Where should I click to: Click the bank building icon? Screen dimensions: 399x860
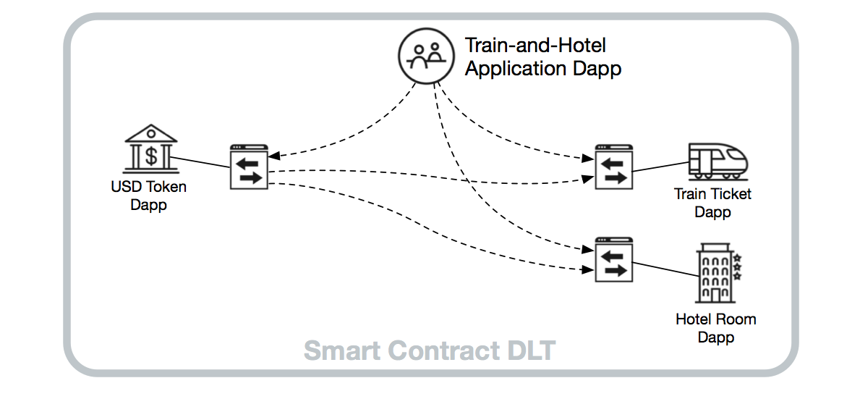(x=150, y=148)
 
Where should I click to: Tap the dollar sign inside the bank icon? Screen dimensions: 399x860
(x=150, y=154)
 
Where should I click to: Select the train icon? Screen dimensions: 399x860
(x=718, y=161)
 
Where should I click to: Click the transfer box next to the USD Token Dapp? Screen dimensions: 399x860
(x=249, y=167)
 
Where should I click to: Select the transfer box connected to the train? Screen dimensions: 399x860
(x=614, y=167)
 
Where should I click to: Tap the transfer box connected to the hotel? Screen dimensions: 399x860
(x=614, y=260)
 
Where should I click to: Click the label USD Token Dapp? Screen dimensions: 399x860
(x=148, y=196)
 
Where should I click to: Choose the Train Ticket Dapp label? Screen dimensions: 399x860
(x=712, y=203)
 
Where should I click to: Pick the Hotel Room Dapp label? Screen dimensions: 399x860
(x=715, y=328)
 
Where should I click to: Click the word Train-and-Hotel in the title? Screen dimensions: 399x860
(x=535, y=46)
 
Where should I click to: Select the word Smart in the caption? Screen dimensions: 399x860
(x=341, y=350)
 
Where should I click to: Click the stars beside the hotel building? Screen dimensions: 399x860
(x=737, y=266)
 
